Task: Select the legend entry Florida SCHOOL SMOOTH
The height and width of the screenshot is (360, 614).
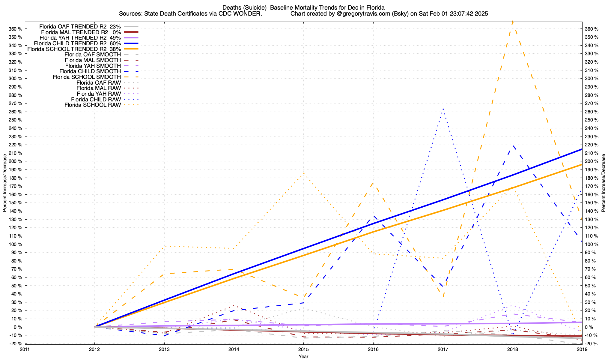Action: click(x=87, y=77)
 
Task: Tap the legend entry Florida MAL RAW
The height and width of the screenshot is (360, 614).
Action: click(x=99, y=88)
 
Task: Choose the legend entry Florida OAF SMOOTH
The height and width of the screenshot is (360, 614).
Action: click(x=93, y=55)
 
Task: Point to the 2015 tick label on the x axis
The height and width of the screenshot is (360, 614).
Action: click(x=303, y=349)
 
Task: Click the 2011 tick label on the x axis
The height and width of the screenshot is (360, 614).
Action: click(x=25, y=349)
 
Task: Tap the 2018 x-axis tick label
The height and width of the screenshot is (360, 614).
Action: click(x=512, y=349)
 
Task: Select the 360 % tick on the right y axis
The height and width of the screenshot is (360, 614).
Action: click(x=592, y=29)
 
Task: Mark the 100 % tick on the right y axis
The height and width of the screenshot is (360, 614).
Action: click(x=592, y=244)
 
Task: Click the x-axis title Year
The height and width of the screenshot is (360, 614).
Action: click(x=303, y=356)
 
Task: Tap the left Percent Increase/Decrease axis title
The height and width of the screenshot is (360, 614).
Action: click(x=5, y=183)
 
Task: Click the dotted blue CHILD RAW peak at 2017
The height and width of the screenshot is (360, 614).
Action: click(x=443, y=108)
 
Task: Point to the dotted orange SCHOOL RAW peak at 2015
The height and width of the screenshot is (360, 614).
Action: click(x=303, y=173)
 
